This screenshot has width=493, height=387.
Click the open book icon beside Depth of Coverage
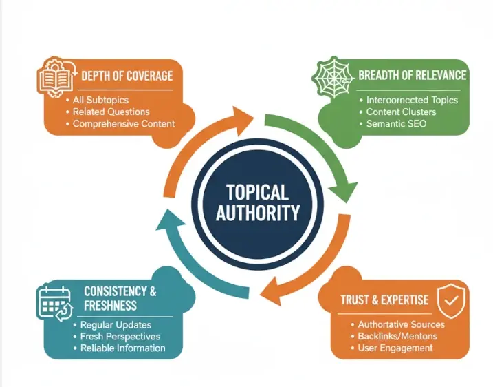(57, 76)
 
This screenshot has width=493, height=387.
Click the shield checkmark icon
(449, 297)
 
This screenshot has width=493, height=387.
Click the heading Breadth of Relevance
(412, 76)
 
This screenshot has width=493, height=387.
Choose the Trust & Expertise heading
(384, 300)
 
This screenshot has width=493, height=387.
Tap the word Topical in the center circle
(257, 193)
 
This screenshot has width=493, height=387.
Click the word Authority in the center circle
(257, 213)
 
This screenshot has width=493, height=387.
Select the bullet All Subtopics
(100, 101)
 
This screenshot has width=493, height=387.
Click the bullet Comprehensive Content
(124, 124)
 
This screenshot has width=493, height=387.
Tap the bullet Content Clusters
(401, 112)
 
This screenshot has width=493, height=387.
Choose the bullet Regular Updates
(116, 324)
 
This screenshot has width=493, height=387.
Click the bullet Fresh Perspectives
(120, 336)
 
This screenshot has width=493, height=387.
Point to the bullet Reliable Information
(122, 348)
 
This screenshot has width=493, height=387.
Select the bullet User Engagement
(395, 348)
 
